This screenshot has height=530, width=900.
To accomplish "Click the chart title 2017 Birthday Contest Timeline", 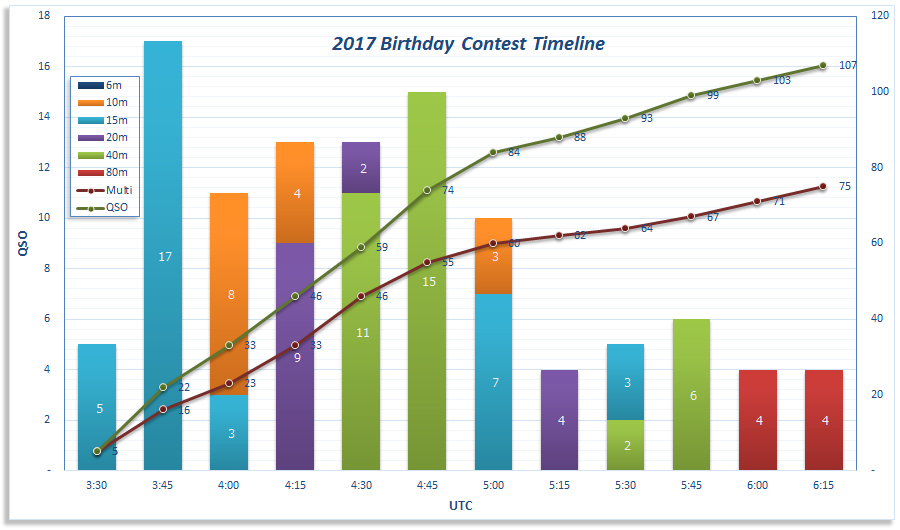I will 468,44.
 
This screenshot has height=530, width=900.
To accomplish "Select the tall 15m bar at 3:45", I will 163,255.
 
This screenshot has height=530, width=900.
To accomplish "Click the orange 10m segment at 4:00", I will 229,294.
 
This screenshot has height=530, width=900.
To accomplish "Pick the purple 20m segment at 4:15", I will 295,356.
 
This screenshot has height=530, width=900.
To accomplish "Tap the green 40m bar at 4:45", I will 427,281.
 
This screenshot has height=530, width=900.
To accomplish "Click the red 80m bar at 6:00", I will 758,420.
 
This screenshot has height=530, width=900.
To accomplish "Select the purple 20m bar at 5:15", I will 560,420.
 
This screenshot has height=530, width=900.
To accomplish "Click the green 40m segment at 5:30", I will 626,445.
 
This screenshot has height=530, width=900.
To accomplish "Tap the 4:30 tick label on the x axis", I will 361,485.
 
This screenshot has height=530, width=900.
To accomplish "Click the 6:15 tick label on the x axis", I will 824,485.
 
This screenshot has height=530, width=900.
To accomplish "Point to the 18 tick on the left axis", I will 44,16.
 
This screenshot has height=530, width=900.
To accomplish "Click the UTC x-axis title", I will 460,506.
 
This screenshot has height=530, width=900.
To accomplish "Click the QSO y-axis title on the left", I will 22,243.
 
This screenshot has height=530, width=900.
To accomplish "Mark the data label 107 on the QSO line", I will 848,65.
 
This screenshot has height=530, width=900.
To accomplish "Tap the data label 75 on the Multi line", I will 845,186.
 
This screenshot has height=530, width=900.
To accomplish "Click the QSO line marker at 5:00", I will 493,152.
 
